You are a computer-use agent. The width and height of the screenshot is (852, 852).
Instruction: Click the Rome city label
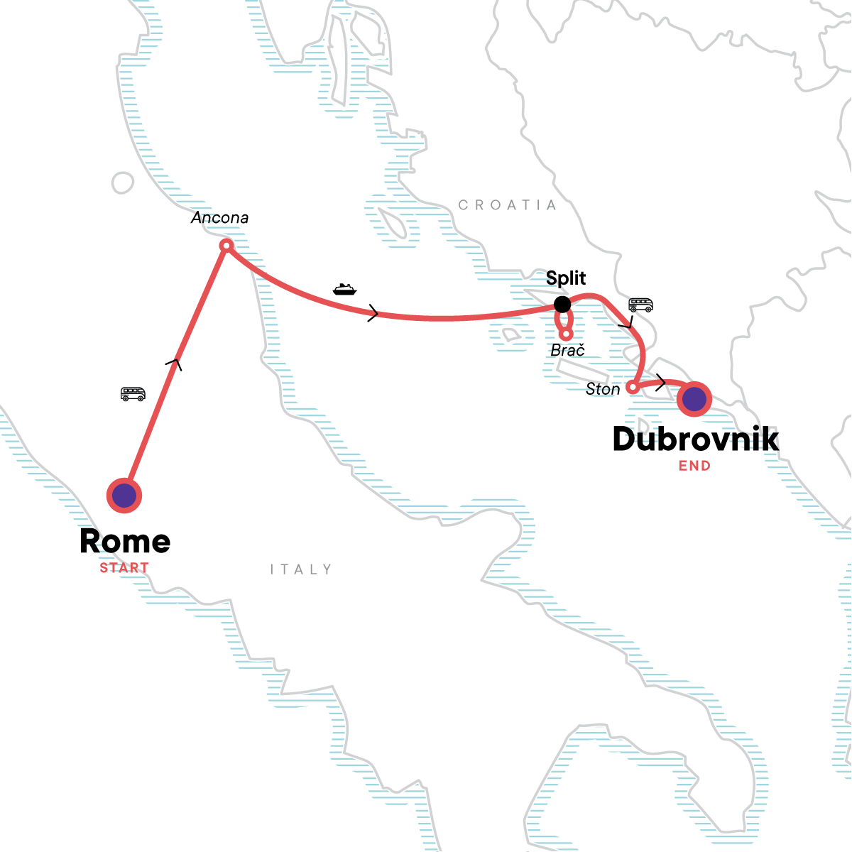[x=125, y=542]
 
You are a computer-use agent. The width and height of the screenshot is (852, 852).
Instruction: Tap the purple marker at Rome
[x=124, y=496]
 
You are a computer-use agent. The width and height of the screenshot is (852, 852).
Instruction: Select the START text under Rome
[x=124, y=568]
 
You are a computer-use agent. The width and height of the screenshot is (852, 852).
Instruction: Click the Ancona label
[x=220, y=218]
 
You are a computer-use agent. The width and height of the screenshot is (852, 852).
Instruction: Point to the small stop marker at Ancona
[x=226, y=246]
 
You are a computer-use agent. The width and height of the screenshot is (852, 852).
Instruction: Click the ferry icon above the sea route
[x=344, y=289]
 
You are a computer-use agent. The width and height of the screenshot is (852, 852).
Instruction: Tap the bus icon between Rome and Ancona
[x=133, y=394]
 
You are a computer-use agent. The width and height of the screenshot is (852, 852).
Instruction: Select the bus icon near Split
[x=640, y=305]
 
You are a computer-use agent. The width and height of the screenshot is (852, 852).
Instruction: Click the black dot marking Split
[x=562, y=305]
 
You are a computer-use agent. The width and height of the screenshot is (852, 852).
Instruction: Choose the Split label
[x=566, y=278]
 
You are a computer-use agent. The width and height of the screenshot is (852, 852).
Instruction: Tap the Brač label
[x=568, y=350]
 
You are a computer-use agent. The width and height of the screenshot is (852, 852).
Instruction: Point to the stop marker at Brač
[x=566, y=334]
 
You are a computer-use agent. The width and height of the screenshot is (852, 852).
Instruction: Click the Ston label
[x=603, y=389]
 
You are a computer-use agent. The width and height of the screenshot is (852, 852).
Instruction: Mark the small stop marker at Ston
[x=632, y=388]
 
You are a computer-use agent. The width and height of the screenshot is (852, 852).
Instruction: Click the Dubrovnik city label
[x=696, y=439]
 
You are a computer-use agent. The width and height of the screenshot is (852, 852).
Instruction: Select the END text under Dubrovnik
[x=694, y=466]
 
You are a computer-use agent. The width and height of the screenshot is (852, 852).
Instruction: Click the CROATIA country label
[x=508, y=205]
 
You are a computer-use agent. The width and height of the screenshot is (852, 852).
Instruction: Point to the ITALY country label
[x=301, y=569]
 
